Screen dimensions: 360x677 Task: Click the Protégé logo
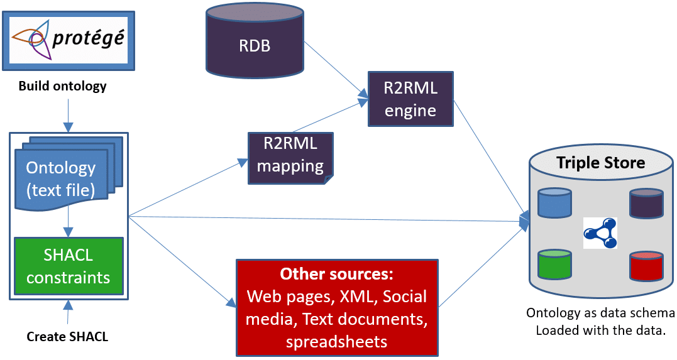coord(69,40)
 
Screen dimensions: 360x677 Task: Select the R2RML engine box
coord(410,99)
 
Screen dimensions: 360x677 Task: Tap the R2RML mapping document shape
coord(290,157)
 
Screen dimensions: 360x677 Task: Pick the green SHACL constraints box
coord(68,266)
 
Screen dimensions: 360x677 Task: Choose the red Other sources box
coord(336,308)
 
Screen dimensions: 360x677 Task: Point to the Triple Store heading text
coord(600,163)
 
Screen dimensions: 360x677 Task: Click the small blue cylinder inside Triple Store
coord(554,203)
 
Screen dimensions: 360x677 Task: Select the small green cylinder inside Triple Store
coord(554,265)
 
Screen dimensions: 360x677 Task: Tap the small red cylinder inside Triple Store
coord(647,266)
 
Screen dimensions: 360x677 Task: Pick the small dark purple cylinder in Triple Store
coord(647,204)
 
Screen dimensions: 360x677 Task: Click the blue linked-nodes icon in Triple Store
coord(600,233)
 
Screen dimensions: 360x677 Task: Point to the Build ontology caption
coord(62,86)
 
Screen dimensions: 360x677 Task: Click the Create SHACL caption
coord(67,337)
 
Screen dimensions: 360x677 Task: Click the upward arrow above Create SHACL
coord(68,311)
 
